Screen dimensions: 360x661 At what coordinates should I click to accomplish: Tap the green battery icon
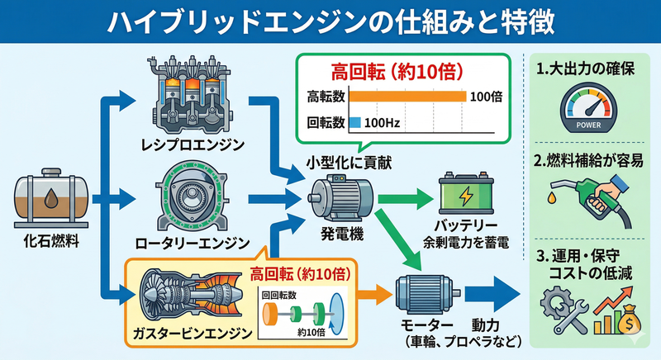pos(469,199)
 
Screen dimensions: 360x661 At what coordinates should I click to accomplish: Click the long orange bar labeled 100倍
pos(407,97)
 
